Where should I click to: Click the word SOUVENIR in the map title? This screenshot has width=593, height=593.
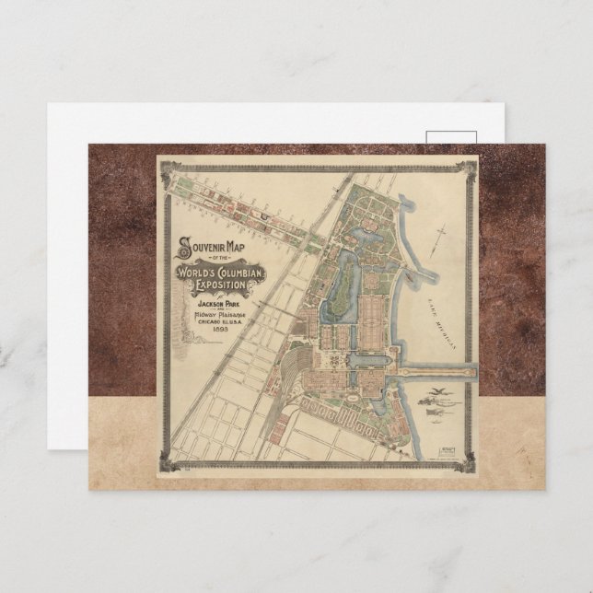(205, 246)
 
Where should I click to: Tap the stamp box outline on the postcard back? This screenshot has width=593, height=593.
(451, 137)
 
